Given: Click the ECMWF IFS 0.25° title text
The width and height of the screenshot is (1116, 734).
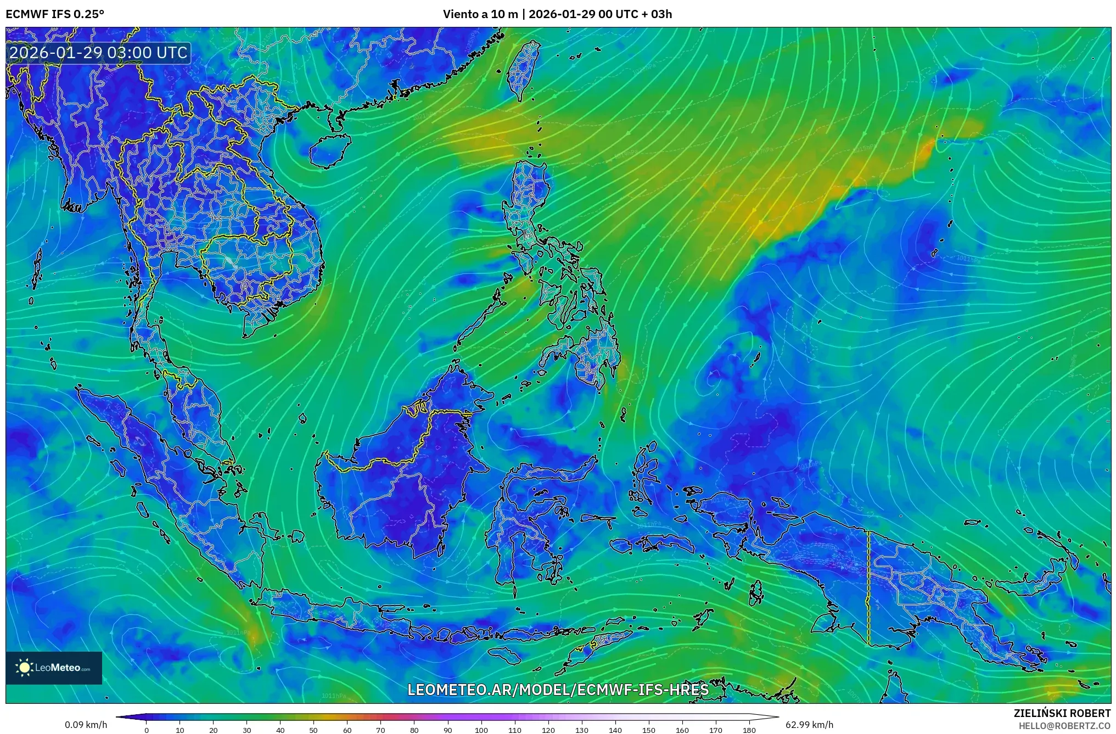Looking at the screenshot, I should click(54, 14).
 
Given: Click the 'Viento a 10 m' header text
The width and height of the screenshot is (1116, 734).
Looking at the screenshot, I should click(480, 14).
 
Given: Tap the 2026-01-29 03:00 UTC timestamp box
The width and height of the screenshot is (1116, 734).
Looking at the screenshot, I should click(99, 53).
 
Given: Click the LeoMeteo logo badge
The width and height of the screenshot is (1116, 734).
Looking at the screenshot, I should click(54, 668).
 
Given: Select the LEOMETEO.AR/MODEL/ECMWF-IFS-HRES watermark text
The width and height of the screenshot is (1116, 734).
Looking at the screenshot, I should click(558, 690).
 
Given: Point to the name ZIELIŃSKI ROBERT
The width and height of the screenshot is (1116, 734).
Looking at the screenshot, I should click(1062, 713).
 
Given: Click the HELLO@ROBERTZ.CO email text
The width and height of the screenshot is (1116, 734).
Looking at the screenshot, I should click(1064, 725).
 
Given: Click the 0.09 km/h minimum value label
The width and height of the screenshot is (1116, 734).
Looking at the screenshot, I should click(86, 725).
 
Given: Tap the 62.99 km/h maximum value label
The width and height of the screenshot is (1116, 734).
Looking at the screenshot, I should click(809, 725).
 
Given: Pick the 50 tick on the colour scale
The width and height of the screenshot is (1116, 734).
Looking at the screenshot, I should click(313, 730).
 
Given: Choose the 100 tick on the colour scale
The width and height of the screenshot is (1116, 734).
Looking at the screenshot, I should click(481, 730).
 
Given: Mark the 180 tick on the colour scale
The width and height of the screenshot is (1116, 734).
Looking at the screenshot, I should click(749, 730).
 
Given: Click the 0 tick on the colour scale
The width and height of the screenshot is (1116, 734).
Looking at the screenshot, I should click(146, 730).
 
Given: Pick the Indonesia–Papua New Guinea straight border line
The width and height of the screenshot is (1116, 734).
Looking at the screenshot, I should click(868, 587).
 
